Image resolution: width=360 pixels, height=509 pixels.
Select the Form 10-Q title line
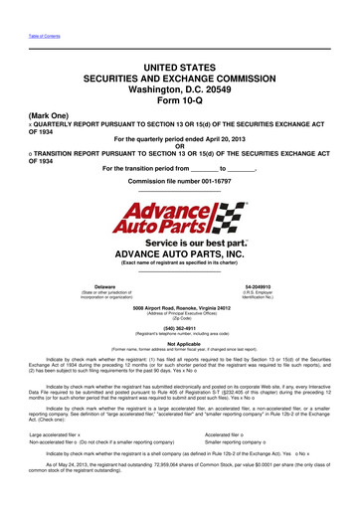point(179,103)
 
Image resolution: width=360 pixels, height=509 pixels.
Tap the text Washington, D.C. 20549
point(179,90)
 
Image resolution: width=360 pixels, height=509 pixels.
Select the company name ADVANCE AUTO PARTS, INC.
point(179,254)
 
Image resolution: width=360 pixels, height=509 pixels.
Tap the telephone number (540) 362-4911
point(179,330)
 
